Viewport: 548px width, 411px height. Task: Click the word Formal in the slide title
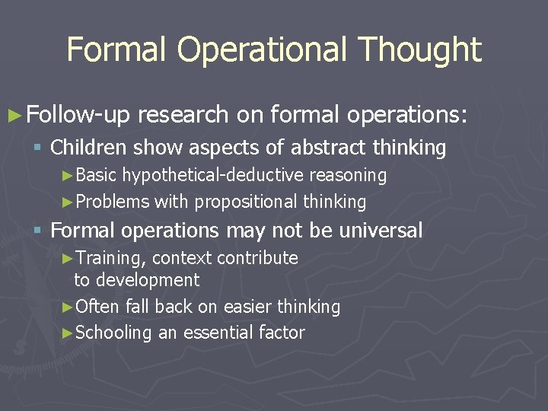pos(118,50)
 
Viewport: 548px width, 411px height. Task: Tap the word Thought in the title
pos(421,50)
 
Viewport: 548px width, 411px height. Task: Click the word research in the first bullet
pos(183,115)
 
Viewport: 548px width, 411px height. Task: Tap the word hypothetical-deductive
pos(213,175)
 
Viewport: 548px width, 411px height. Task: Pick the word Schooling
pos(114,333)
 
